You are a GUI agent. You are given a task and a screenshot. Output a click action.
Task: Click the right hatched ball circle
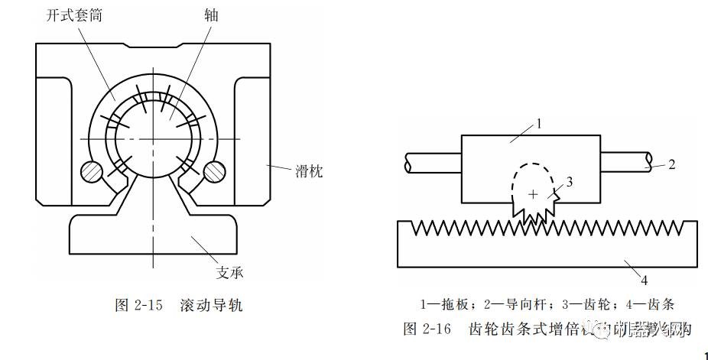point(214,172)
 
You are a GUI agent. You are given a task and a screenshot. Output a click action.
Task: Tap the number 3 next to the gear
point(569,181)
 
